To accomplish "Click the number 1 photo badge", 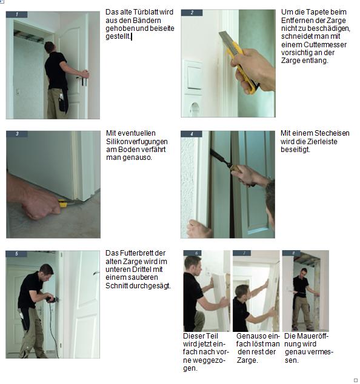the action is [x=16, y=15].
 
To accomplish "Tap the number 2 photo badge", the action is [x=192, y=13].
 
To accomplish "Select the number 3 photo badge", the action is [x=17, y=134].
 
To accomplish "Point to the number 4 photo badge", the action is [x=192, y=134].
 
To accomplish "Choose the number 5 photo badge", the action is [x=16, y=254].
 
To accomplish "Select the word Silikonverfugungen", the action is [x=137, y=142].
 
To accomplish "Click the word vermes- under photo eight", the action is [x=321, y=352].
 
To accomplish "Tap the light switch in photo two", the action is [x=193, y=77].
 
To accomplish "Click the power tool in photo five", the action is [x=52, y=299].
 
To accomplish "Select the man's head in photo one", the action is [x=49, y=47].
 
